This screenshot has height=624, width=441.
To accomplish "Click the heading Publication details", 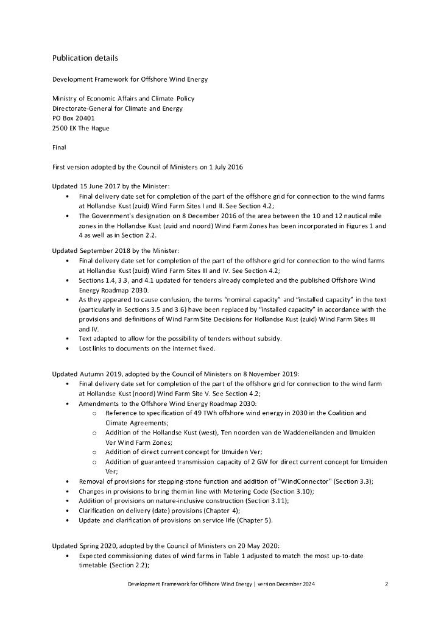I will [x=85, y=58].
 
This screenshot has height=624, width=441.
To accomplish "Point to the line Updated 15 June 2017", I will [x=110, y=186].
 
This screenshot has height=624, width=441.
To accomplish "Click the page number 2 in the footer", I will [x=387, y=584].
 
